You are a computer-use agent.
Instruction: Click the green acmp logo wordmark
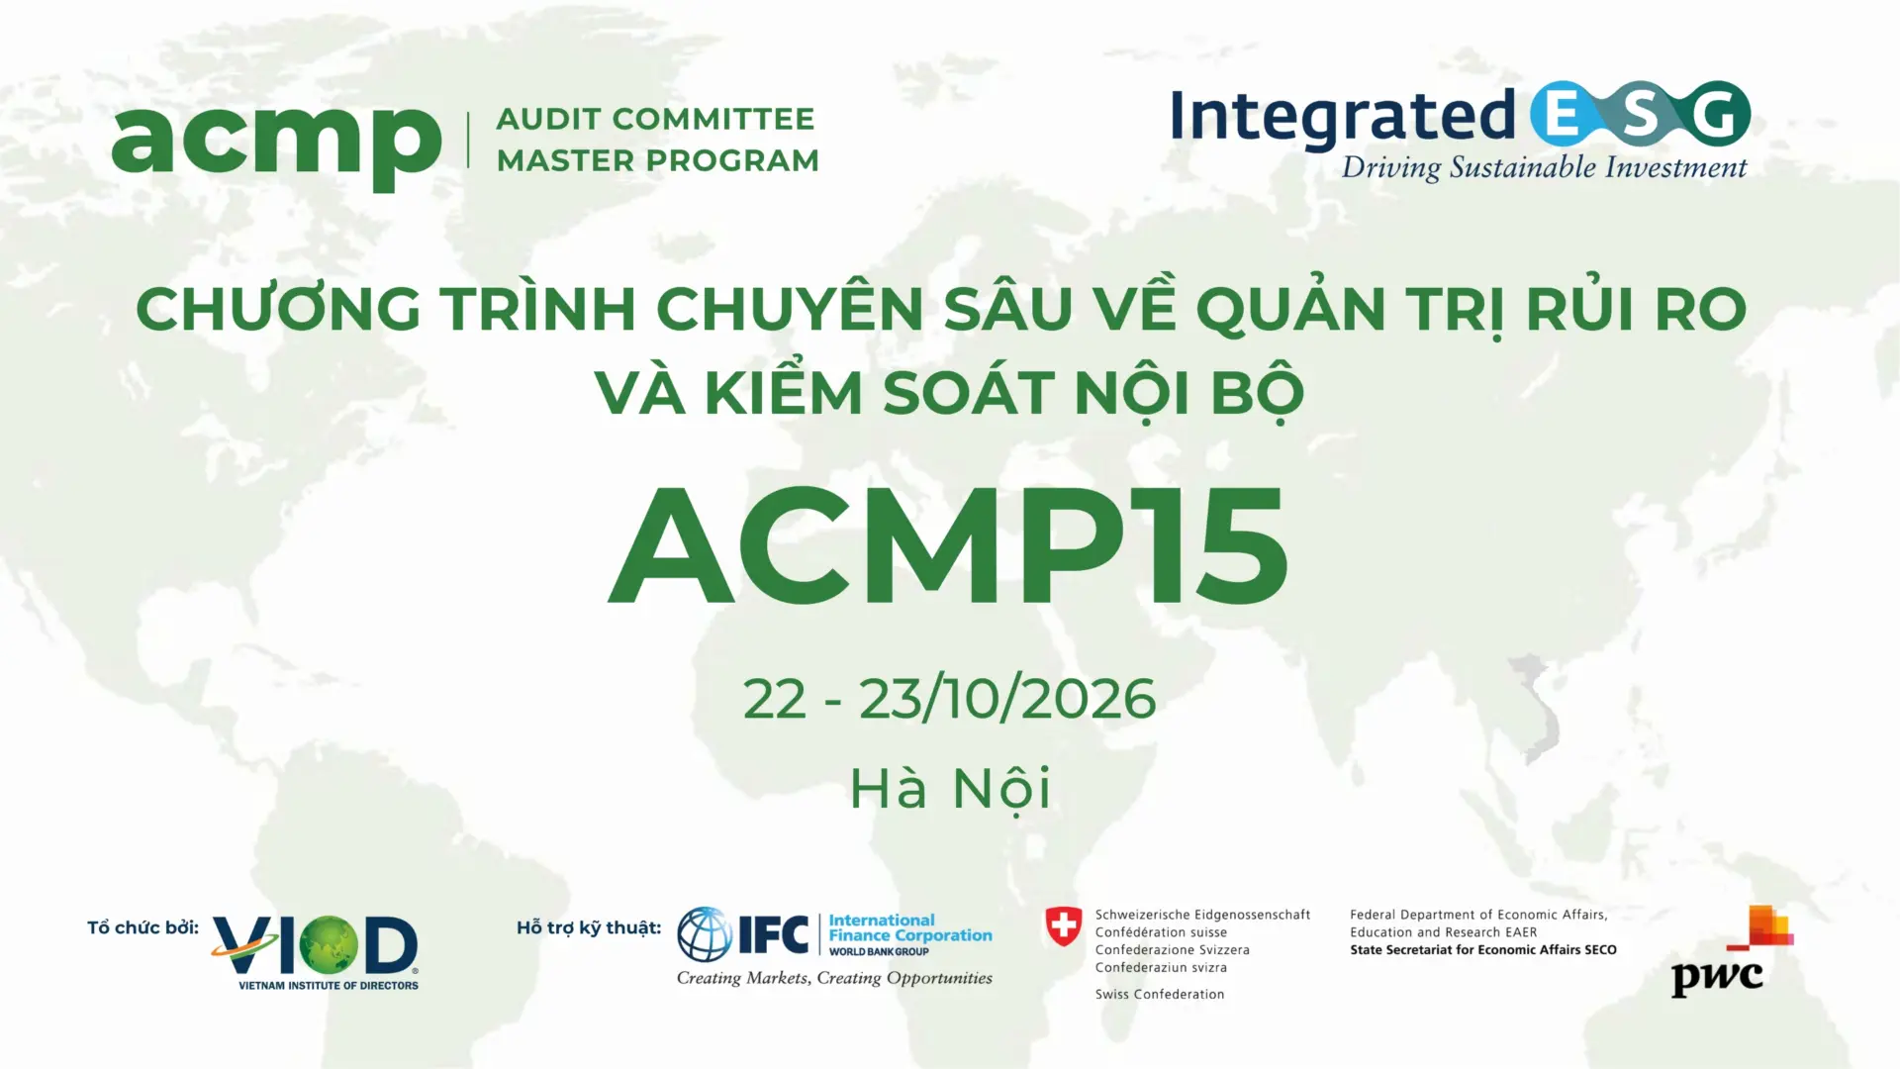tap(276, 145)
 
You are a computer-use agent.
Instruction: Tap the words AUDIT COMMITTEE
tap(655, 119)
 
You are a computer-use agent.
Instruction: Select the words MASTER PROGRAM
tap(658, 160)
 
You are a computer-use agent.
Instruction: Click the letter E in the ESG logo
tap(1563, 114)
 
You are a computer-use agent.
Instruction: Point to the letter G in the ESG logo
tap(1719, 114)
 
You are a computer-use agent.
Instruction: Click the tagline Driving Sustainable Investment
tap(1544, 167)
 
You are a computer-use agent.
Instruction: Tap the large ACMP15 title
tap(948, 546)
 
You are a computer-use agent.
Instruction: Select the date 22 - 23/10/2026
tap(949, 699)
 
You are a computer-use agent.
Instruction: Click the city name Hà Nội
tap(949, 789)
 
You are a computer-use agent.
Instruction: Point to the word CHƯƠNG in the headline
tap(279, 309)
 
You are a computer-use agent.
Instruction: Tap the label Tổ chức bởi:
tap(142, 927)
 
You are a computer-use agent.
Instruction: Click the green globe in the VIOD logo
tap(329, 944)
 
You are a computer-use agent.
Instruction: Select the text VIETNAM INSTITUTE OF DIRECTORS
tap(329, 986)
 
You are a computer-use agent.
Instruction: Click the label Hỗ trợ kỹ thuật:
tap(589, 927)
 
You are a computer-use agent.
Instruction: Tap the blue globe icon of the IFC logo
tap(705, 934)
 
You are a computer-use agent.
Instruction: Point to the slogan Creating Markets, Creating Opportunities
tap(834, 978)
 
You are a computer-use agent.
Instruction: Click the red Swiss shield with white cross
tap(1064, 926)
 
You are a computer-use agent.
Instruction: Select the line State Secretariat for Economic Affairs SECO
tap(1482, 950)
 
